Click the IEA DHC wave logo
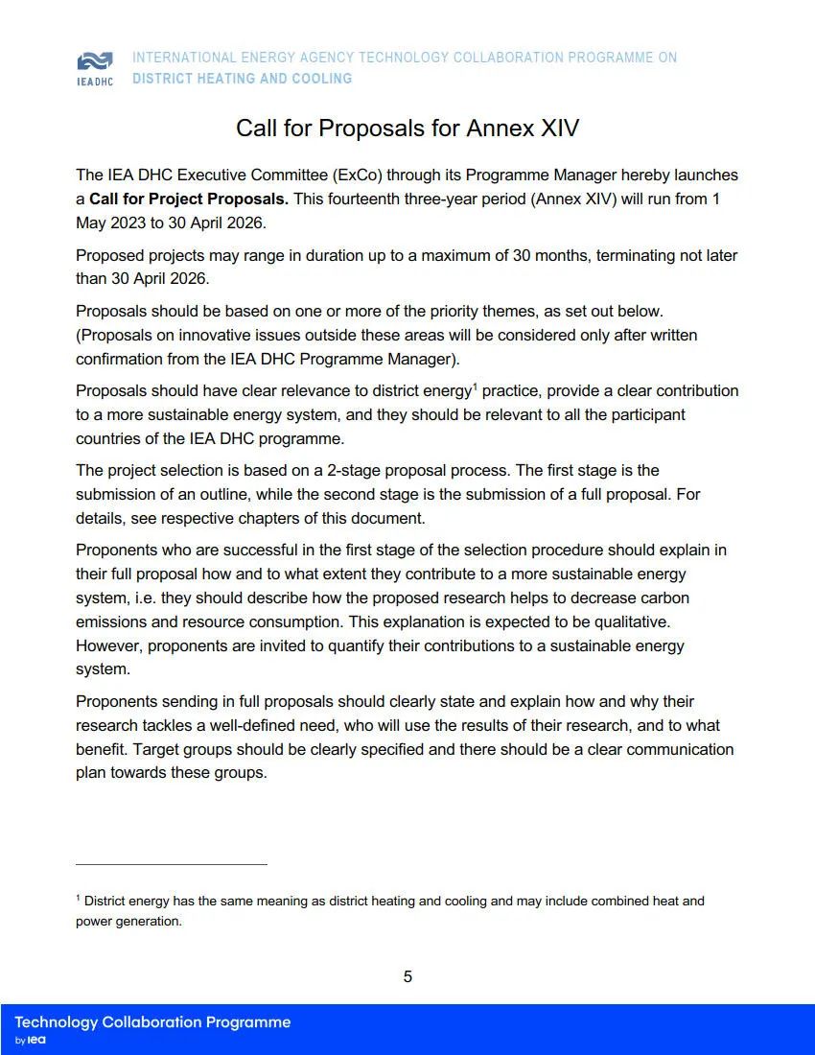click(95, 61)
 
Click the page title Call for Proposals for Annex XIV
click(407, 129)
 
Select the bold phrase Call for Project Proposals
click(189, 199)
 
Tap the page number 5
click(407, 976)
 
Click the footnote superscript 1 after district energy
click(474, 386)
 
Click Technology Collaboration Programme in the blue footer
click(152, 1022)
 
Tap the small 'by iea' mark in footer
click(31, 1041)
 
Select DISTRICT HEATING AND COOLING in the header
click(242, 79)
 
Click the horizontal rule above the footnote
click(172, 864)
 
